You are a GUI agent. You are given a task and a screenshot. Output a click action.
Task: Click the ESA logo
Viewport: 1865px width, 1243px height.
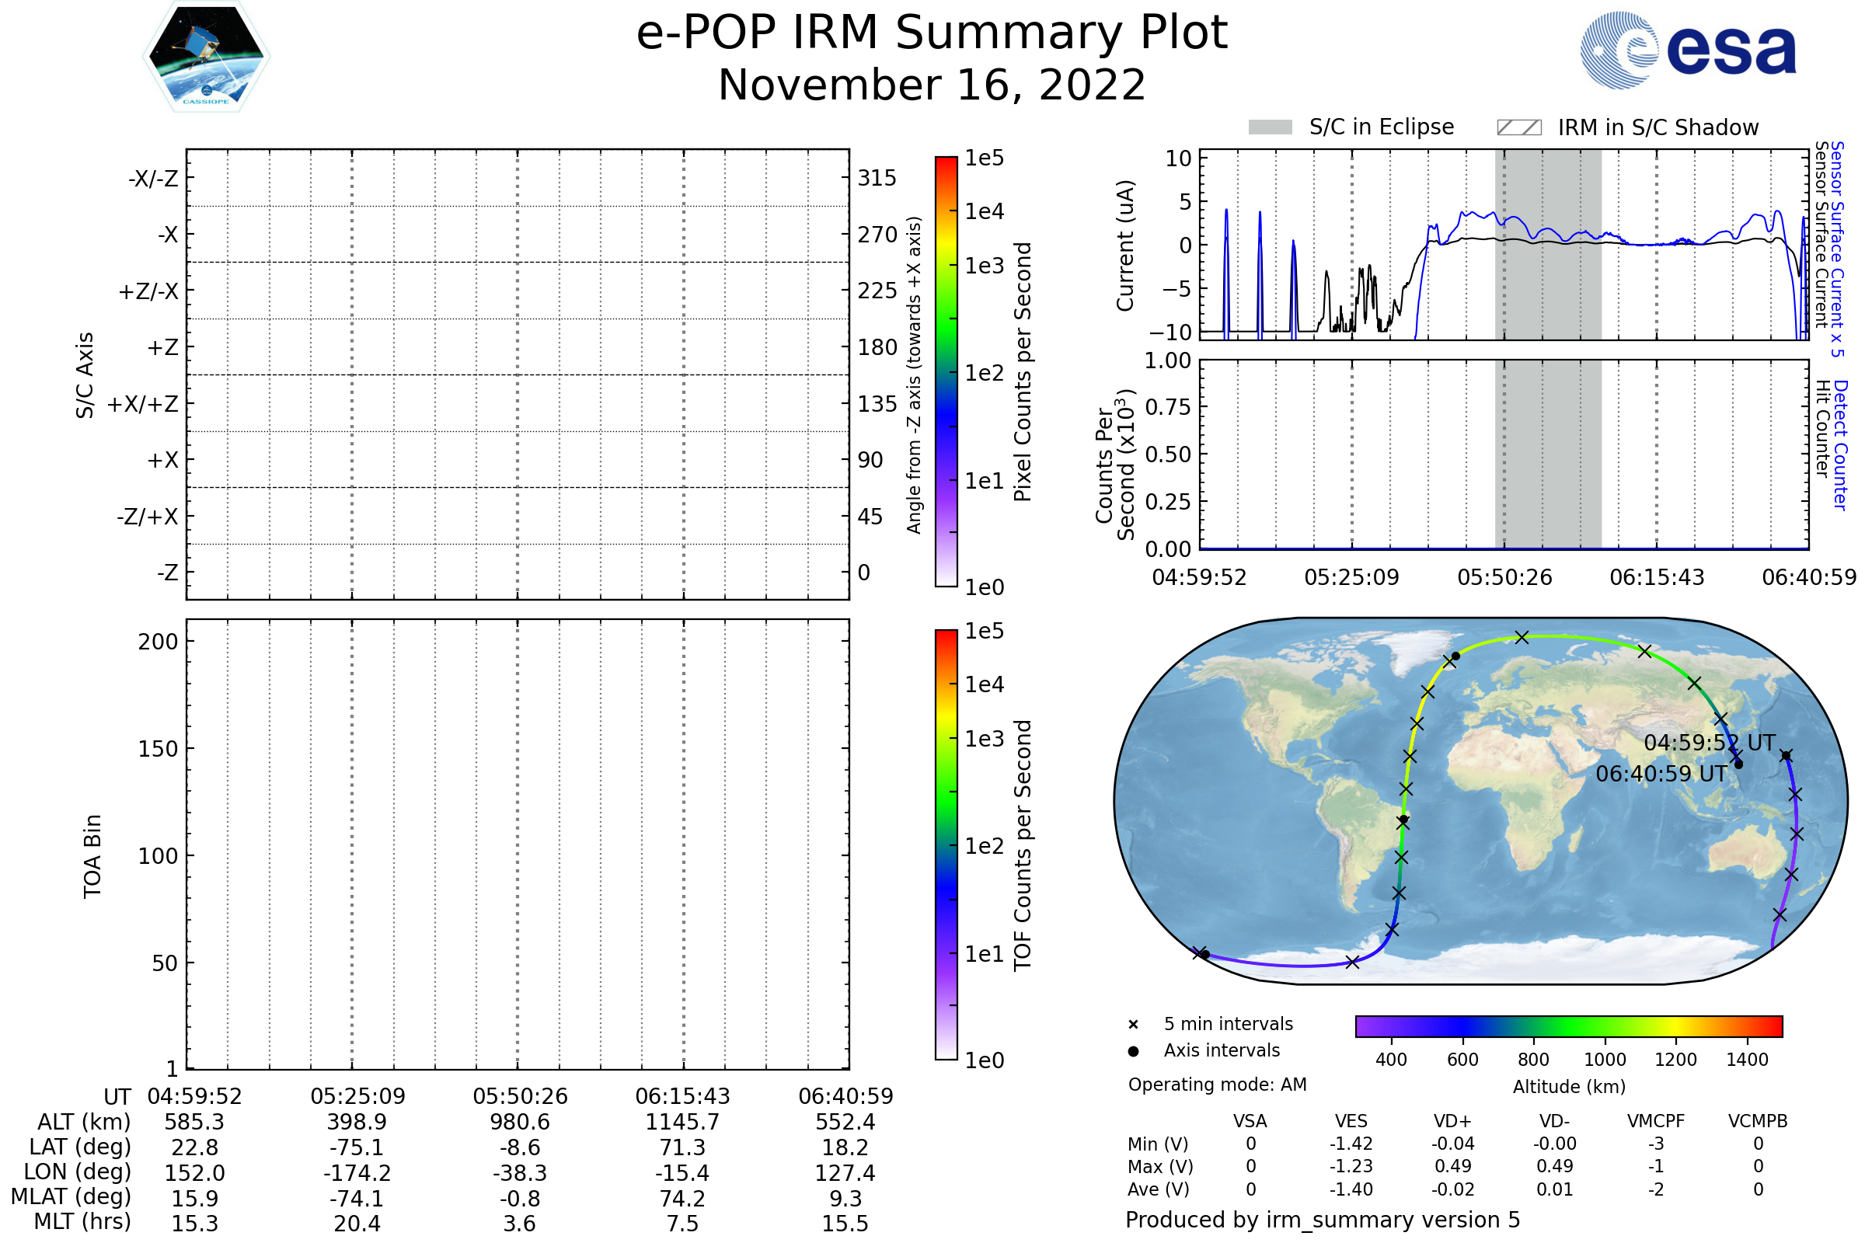(x=1688, y=50)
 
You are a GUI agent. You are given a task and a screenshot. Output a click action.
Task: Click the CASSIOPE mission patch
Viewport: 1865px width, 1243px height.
(x=206, y=56)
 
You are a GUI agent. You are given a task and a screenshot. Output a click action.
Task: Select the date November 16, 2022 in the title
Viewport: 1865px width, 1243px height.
(x=932, y=85)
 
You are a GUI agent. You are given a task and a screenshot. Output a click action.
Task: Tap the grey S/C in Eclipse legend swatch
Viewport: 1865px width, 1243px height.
(x=1270, y=127)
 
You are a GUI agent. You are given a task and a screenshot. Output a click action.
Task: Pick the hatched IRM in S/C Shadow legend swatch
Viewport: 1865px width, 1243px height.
(x=1518, y=127)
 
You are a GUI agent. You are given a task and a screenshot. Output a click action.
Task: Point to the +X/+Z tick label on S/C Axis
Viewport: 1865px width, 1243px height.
(x=143, y=404)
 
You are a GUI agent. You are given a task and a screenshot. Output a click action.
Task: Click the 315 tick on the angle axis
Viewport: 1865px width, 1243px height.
(x=877, y=178)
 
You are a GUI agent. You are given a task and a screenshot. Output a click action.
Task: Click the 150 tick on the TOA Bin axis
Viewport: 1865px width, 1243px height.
(x=158, y=749)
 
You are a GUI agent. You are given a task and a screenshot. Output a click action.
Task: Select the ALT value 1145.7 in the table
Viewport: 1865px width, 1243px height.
(x=682, y=1122)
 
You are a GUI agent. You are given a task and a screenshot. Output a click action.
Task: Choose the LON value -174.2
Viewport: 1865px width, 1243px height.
(x=357, y=1172)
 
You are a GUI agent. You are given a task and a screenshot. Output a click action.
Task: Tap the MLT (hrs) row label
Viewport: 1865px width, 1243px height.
(x=82, y=1221)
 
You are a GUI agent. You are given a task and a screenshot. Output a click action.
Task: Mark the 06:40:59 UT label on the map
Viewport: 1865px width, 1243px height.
(x=1661, y=774)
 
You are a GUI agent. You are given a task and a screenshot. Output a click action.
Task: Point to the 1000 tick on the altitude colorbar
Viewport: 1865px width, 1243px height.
(x=1605, y=1060)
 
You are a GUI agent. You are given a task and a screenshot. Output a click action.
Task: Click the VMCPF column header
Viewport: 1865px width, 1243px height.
(x=1656, y=1121)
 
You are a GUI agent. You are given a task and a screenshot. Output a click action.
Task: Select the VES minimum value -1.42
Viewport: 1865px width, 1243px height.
(x=1351, y=1144)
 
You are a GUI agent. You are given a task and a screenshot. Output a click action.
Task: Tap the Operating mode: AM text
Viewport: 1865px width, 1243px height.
(x=1217, y=1085)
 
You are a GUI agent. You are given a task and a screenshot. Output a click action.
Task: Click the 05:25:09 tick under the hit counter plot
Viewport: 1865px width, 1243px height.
(x=1352, y=577)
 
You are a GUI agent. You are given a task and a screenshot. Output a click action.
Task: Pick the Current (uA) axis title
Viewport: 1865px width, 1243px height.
(x=1125, y=245)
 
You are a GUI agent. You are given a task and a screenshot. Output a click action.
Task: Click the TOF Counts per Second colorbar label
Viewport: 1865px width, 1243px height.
(x=1023, y=845)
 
